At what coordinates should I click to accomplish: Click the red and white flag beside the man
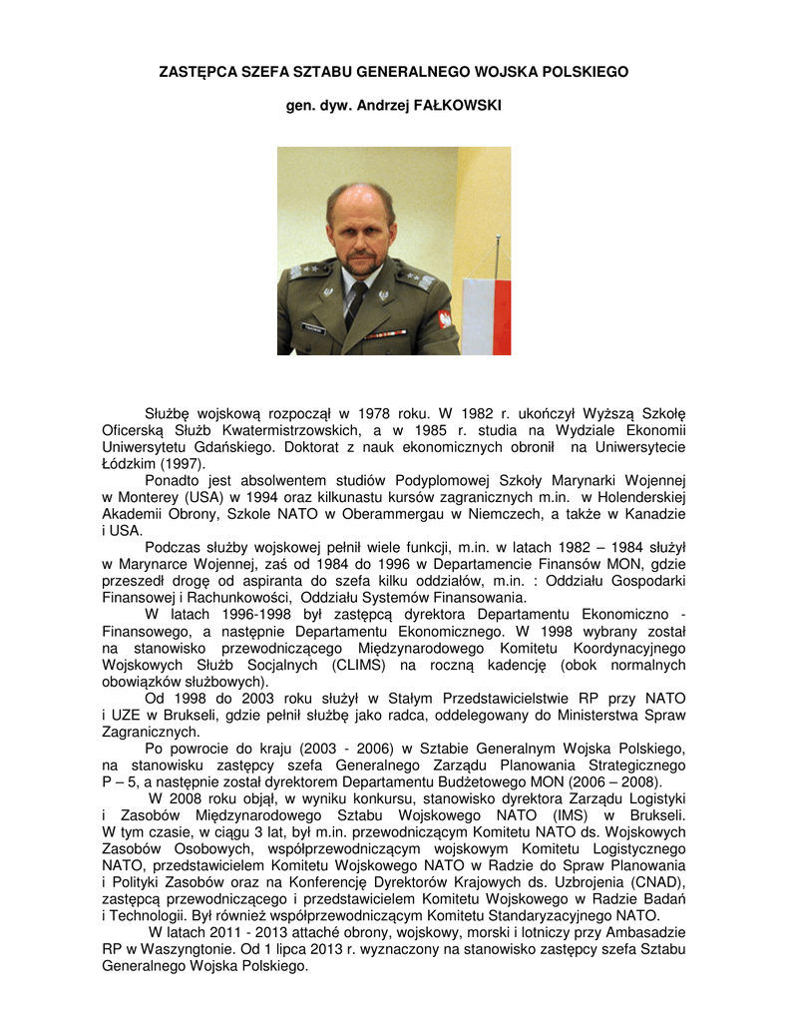click(486, 313)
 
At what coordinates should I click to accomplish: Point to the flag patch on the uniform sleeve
click(444, 319)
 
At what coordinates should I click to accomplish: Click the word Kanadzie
click(652, 514)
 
